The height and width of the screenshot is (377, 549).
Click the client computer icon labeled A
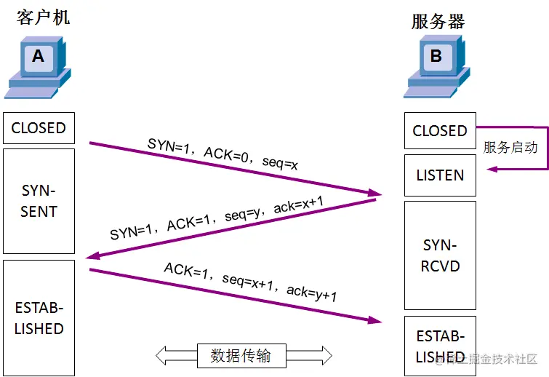tap(38, 68)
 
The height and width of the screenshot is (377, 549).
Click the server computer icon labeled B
tap(436, 67)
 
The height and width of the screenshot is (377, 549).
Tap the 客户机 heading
tap(43, 17)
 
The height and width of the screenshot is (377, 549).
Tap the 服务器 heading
tap(438, 21)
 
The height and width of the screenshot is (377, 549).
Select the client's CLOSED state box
tap(39, 128)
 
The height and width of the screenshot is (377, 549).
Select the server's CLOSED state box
tap(439, 131)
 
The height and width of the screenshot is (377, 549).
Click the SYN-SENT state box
tap(39, 201)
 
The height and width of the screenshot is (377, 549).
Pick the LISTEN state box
tap(439, 175)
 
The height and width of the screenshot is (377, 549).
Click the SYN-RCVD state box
tap(439, 255)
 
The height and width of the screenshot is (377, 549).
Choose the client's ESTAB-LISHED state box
tap(39, 317)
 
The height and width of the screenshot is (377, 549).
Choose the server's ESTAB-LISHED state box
tap(439, 346)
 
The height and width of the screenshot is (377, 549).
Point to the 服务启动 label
tap(510, 147)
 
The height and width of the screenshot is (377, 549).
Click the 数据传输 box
tap(241, 355)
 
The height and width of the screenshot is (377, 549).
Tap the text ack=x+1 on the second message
tap(300, 207)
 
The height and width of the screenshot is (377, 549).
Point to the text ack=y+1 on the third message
tap(312, 293)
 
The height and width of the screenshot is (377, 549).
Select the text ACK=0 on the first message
tap(228, 154)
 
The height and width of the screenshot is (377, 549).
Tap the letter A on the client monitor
tap(38, 56)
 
